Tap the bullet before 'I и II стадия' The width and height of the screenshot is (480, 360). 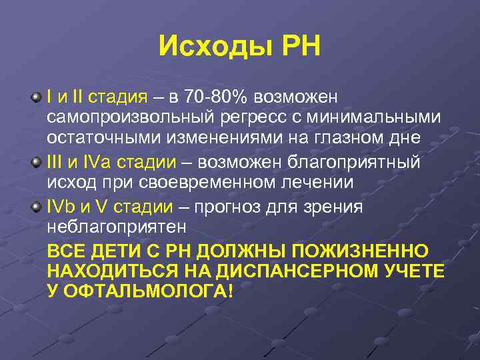pyautogui.click(x=35, y=98)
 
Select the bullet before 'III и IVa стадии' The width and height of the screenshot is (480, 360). pyautogui.click(x=35, y=163)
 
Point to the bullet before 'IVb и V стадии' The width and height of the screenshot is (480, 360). pyautogui.click(x=35, y=206)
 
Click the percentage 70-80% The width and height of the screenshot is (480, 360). pyautogui.click(x=215, y=98)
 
